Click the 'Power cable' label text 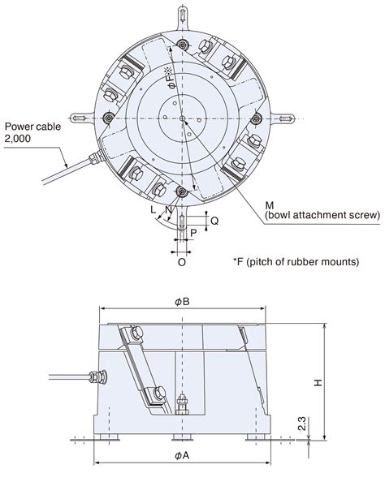(x=30, y=127)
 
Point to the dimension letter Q (x=214, y=220)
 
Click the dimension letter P (x=192, y=232)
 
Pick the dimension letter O (x=181, y=262)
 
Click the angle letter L (x=152, y=210)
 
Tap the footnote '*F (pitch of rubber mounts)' (x=295, y=261)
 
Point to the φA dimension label (x=182, y=455)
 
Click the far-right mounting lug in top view (x=288, y=118)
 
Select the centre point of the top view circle (x=182, y=118)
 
